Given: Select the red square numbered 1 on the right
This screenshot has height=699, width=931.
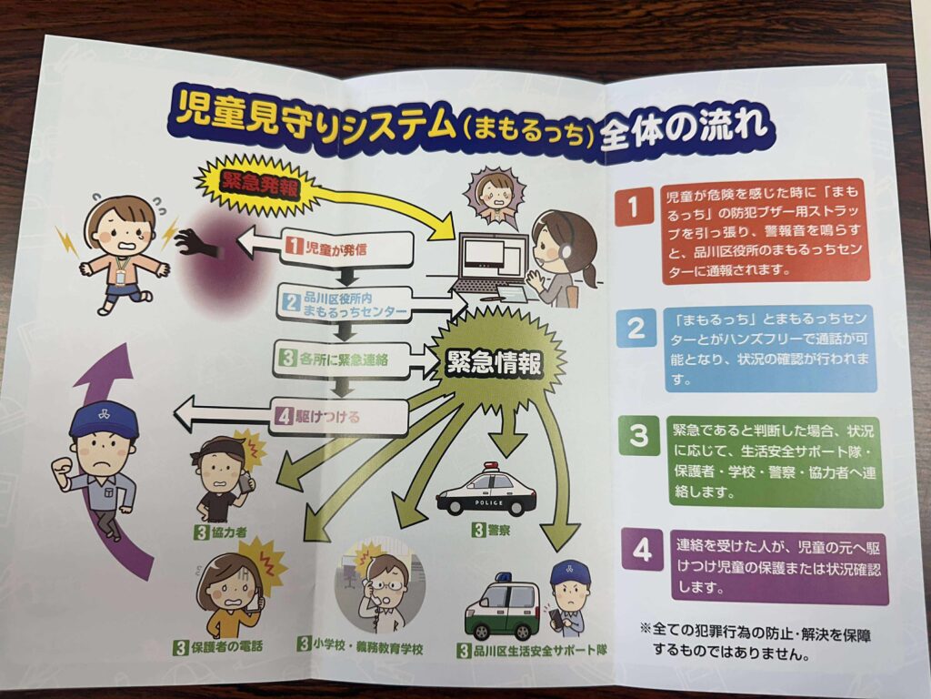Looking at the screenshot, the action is tap(634, 208).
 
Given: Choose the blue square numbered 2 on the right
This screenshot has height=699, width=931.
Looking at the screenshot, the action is tap(636, 328).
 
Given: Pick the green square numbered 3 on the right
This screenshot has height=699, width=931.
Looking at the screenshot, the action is tap(639, 436).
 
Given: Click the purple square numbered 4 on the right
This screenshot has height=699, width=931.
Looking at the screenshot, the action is tap(643, 549).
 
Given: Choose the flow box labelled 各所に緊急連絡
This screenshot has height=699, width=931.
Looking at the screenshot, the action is tap(342, 360).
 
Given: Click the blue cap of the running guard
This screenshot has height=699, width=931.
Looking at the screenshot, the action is tap(104, 420).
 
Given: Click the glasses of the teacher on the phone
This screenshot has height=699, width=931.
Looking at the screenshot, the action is tap(386, 585).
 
